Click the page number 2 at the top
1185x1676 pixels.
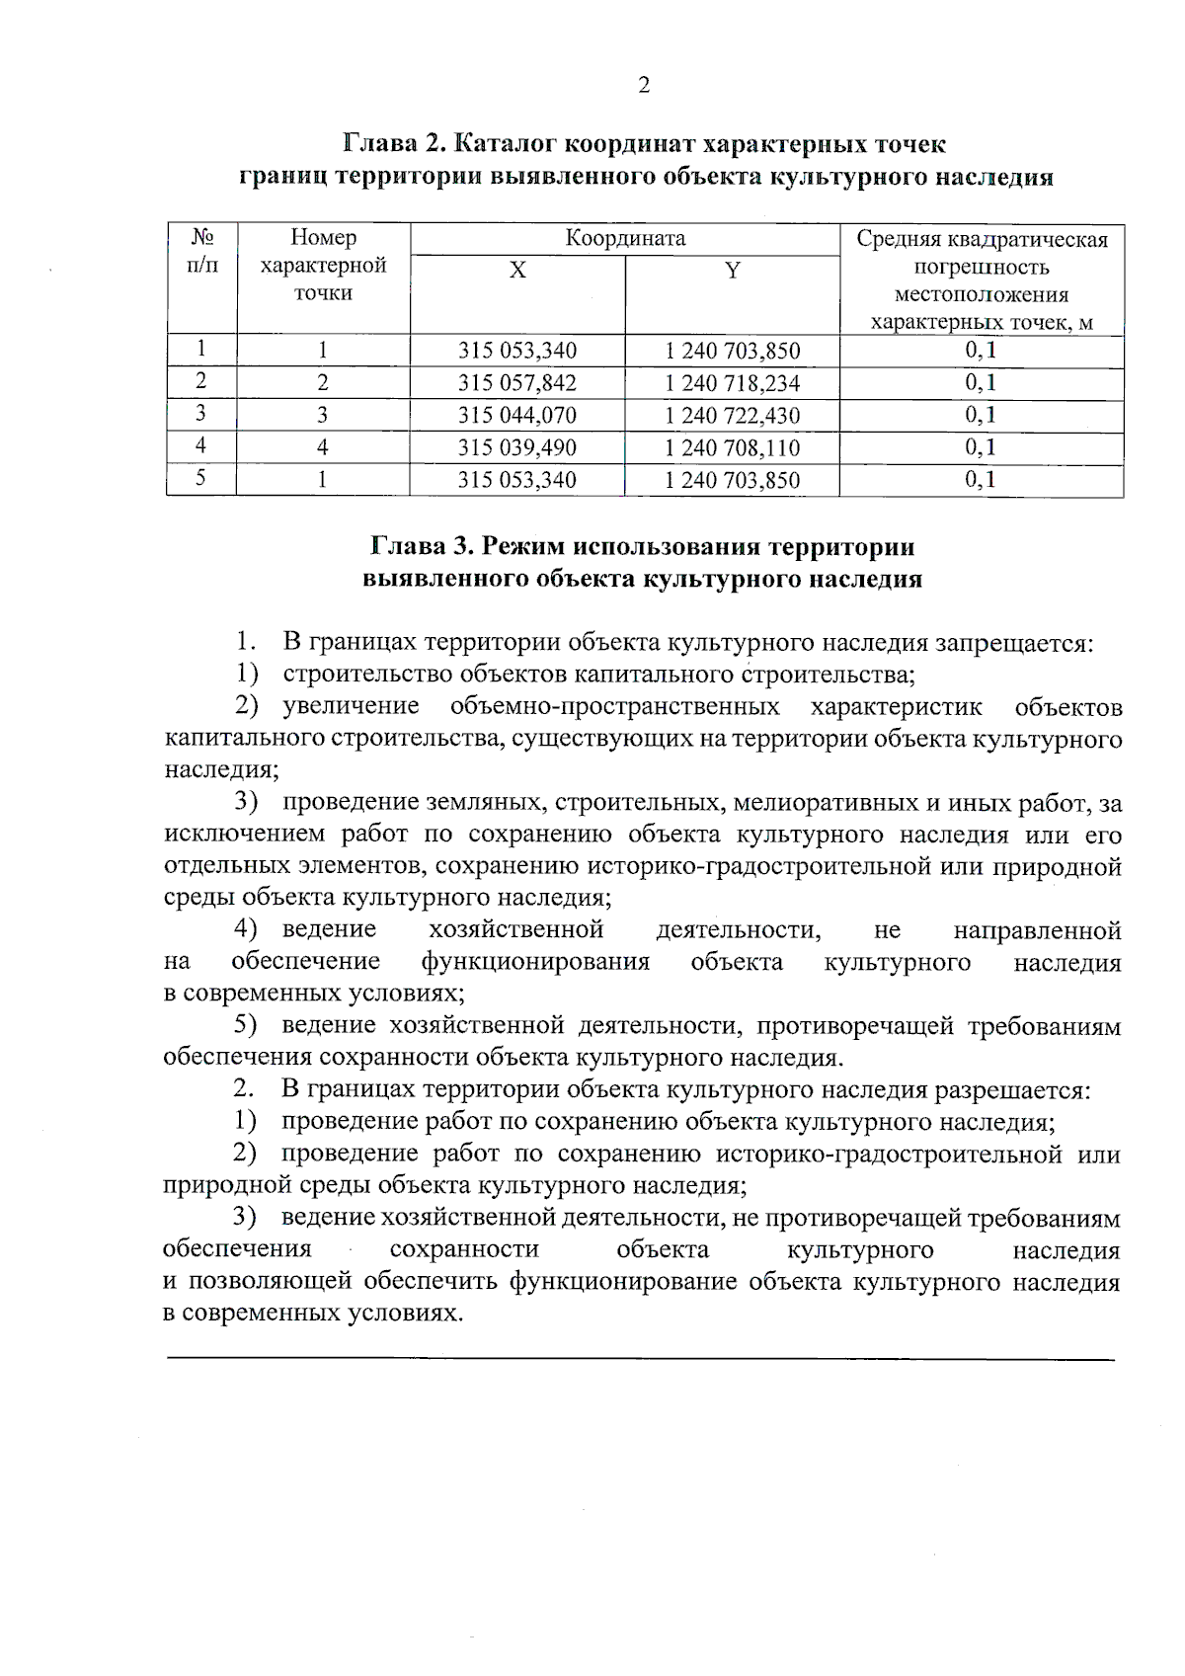coord(644,86)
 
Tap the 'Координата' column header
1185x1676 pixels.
coord(624,238)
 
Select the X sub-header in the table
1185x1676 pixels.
coord(516,271)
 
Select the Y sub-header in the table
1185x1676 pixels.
coord(732,271)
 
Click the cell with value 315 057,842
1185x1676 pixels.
coord(516,383)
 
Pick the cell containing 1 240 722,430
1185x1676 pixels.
coord(732,416)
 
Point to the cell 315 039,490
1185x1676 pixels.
coord(516,448)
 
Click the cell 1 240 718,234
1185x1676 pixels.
coord(732,383)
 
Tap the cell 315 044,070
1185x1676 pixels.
coord(516,416)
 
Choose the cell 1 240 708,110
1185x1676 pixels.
coord(732,448)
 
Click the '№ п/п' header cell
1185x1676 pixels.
coord(201,252)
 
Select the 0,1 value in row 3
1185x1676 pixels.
coord(981,415)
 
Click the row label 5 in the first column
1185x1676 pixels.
coord(200,479)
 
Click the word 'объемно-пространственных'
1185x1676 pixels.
coord(614,707)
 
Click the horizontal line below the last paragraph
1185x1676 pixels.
coord(640,1360)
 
